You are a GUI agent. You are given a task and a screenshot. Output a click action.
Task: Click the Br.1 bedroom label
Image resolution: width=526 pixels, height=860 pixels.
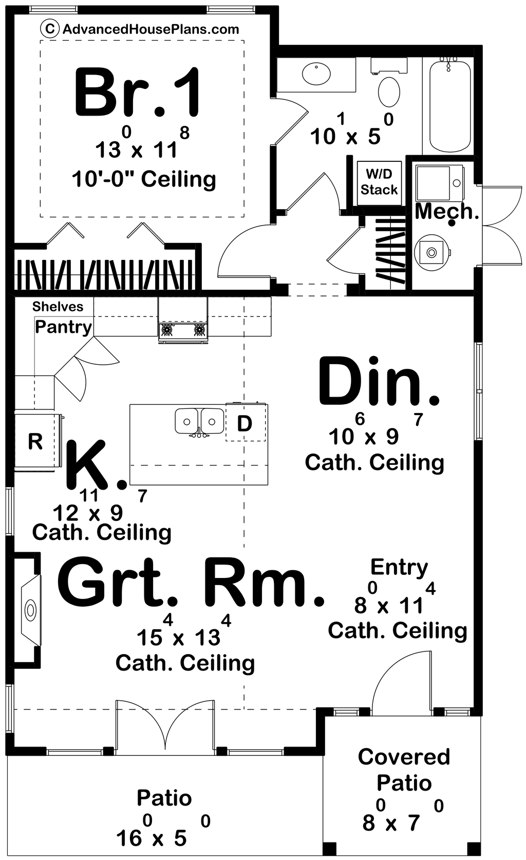pyautogui.click(x=137, y=92)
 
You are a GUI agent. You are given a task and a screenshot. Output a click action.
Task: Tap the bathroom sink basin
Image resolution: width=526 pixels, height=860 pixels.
pyautogui.click(x=316, y=73)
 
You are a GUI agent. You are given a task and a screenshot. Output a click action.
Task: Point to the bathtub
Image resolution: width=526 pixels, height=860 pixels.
pyautogui.click(x=450, y=106)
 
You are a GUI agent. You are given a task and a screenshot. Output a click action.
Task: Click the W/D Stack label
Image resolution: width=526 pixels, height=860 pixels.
pyautogui.click(x=379, y=182)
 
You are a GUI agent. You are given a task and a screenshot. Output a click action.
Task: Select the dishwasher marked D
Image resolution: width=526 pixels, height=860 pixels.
pyautogui.click(x=246, y=423)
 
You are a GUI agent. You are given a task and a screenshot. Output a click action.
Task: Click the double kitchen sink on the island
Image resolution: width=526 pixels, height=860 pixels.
pyautogui.click(x=199, y=422)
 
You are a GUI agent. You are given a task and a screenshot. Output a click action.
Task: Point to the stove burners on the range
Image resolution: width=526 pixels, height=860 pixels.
pyautogui.click(x=183, y=330)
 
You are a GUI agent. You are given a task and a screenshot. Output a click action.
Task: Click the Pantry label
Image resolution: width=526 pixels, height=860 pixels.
pyautogui.click(x=63, y=327)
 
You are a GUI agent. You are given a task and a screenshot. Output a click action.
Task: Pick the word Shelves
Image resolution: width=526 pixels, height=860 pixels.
pyautogui.click(x=58, y=306)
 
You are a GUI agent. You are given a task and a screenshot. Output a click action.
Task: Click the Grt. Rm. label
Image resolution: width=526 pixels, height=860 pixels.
pyautogui.click(x=191, y=582)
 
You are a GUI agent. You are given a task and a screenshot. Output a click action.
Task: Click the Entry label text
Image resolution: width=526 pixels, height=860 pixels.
pyautogui.click(x=399, y=567)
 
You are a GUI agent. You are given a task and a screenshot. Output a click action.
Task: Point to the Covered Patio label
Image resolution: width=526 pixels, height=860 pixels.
pyautogui.click(x=404, y=770)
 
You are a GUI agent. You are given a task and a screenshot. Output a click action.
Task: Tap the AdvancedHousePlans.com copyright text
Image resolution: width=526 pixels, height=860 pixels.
pyautogui.click(x=140, y=29)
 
